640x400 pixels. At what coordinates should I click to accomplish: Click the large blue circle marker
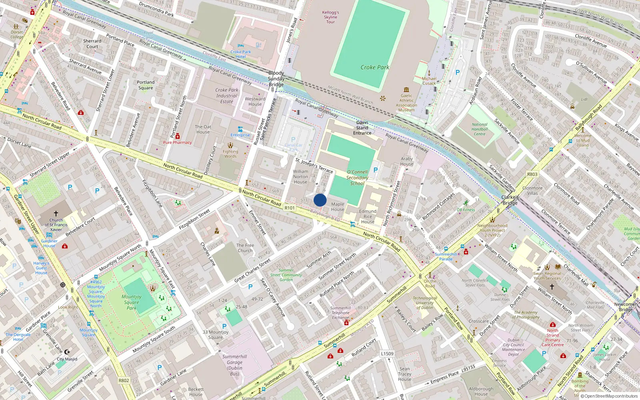tap(320, 200)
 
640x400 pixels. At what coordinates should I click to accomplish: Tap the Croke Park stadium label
tap(375, 67)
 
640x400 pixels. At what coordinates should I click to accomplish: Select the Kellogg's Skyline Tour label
tap(330, 17)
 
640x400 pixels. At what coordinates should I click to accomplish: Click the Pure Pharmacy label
tap(177, 142)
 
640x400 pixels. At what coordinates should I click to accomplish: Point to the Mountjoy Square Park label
tap(132, 302)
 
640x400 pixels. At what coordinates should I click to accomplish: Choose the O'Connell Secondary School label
tap(357, 178)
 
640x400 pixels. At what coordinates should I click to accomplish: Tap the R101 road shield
tap(290, 208)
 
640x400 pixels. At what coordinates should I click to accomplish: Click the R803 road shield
tap(532, 174)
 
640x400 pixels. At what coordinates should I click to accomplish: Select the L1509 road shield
tap(387, 354)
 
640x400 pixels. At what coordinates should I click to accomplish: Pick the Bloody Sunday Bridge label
tap(276, 79)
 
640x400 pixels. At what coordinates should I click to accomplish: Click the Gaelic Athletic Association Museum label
tap(406, 103)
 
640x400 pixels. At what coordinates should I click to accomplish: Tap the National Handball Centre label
tap(479, 129)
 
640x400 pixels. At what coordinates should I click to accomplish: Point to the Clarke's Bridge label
tap(510, 200)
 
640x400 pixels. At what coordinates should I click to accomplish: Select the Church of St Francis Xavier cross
tap(56, 214)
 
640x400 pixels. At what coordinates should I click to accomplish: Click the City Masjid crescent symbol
tap(67, 352)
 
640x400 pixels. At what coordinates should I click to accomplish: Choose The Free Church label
tap(245, 248)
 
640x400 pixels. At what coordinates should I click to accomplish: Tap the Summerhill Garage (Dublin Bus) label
tap(234, 365)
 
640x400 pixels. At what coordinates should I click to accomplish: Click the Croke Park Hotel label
tap(241, 54)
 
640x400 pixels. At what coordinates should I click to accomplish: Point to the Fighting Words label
tap(230, 154)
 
